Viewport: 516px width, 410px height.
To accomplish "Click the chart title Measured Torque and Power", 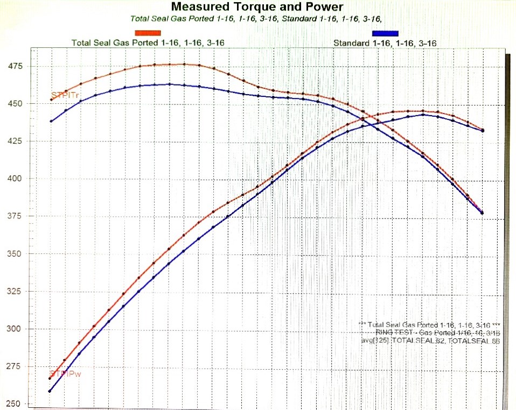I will [256, 7].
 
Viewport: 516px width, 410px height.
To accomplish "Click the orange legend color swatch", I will [148, 34].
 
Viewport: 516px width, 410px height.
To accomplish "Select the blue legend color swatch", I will [385, 34].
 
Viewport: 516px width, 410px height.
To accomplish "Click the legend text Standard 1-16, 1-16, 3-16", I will [385, 43].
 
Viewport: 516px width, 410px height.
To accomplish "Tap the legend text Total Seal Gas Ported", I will [148, 43].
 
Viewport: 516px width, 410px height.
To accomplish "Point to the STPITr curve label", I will [61, 96].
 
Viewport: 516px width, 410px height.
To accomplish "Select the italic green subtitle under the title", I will [256, 19].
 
